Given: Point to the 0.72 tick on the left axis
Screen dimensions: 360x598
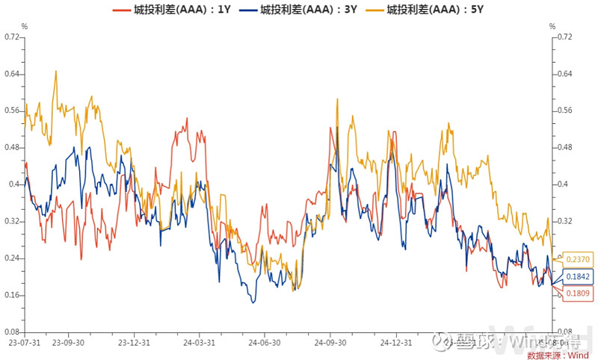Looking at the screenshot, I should (13, 37).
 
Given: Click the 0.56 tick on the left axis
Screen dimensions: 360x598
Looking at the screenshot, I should (13, 111).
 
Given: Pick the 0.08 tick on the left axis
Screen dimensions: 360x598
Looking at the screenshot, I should (13, 332).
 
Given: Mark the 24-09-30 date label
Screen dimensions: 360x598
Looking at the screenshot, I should (330, 343).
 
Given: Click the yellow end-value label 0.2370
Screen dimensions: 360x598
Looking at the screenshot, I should (578, 259).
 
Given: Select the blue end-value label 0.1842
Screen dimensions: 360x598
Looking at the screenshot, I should (578, 277).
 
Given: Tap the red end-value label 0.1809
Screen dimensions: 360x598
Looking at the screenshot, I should (578, 294).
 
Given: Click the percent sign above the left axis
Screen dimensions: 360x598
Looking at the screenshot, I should (25, 26).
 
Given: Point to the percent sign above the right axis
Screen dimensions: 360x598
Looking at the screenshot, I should (552, 26).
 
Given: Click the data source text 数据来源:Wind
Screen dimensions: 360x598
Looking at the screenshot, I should (558, 355).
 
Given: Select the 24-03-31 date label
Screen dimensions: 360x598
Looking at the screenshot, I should (200, 343).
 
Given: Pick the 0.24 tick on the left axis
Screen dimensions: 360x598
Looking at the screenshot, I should (13, 258).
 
